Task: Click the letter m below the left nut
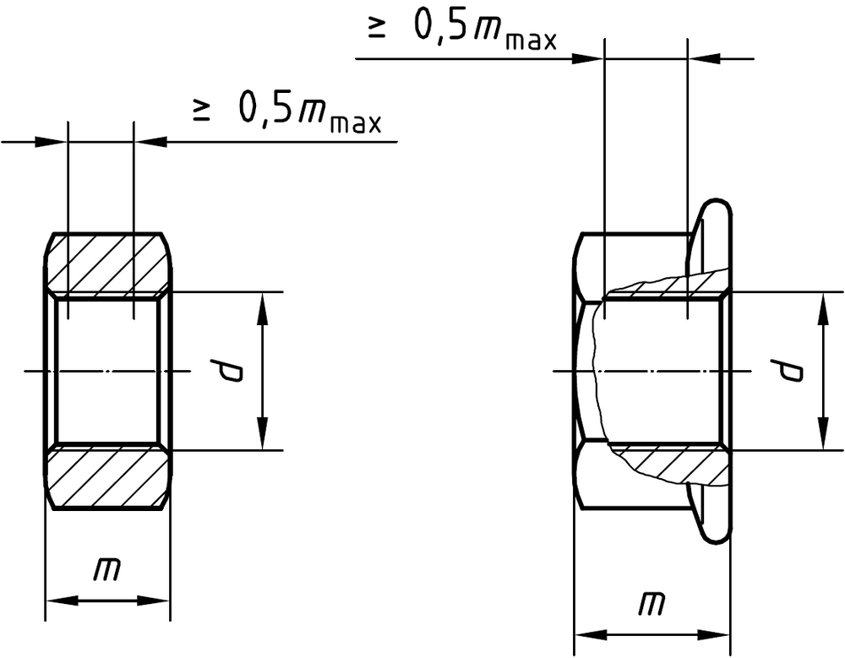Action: pos(106,570)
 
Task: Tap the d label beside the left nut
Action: pos(226,370)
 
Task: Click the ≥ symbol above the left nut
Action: pos(201,110)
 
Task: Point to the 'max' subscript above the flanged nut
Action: pos(532,41)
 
